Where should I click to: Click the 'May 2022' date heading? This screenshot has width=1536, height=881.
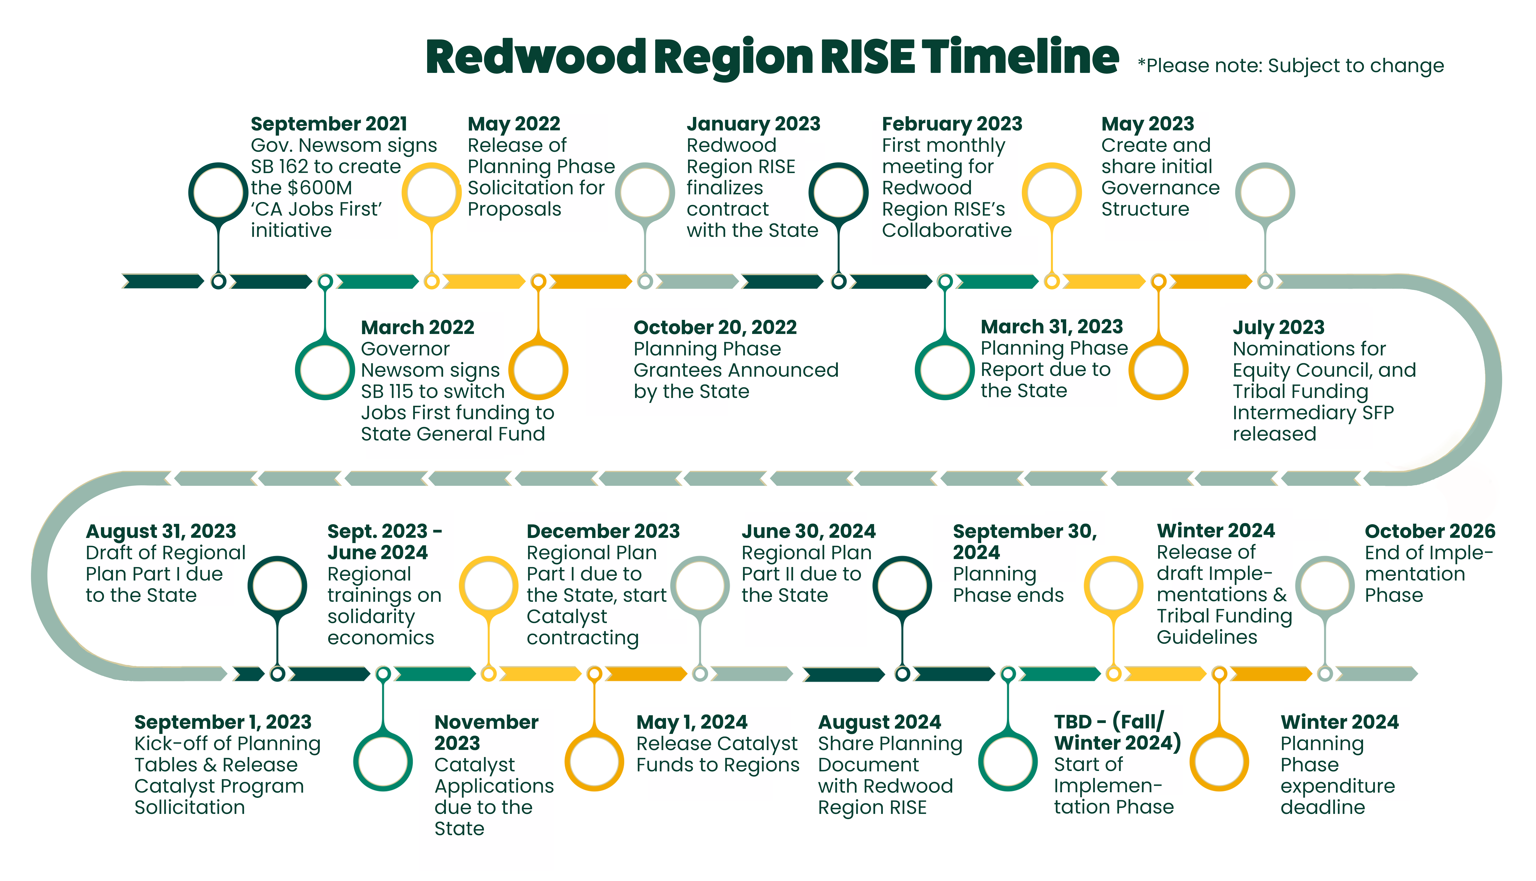[514, 124]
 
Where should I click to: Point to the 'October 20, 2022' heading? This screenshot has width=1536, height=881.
[715, 327]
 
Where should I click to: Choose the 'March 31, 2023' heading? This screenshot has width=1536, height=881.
[1051, 327]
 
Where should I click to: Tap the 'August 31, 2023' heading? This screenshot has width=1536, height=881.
[161, 531]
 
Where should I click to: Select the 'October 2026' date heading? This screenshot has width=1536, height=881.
[1429, 531]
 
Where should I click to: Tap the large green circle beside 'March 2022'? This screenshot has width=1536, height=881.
[325, 370]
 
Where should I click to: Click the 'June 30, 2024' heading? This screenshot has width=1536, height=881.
[809, 531]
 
